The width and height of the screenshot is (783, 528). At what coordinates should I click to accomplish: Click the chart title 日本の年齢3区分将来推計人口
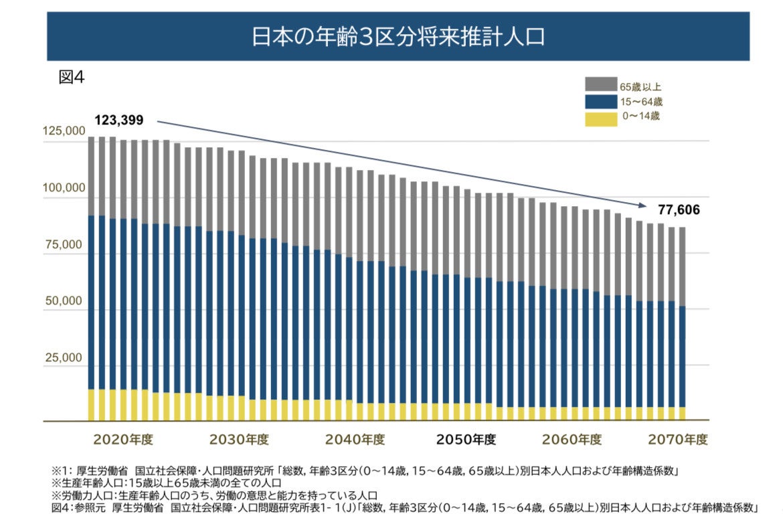398,36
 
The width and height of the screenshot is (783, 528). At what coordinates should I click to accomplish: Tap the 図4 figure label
72,77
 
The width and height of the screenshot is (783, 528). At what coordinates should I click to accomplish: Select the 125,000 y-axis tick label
64,132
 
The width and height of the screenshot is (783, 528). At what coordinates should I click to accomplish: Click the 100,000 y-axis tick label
64,188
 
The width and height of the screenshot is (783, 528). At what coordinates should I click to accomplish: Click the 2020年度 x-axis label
123,440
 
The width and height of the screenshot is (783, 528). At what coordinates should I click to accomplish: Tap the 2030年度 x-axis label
239,440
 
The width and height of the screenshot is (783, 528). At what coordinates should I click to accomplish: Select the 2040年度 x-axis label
355,440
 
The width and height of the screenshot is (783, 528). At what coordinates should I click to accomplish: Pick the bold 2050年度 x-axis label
466,440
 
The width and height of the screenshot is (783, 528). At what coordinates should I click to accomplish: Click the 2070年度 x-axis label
677,440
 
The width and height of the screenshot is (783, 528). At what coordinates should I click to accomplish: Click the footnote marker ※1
59,470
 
